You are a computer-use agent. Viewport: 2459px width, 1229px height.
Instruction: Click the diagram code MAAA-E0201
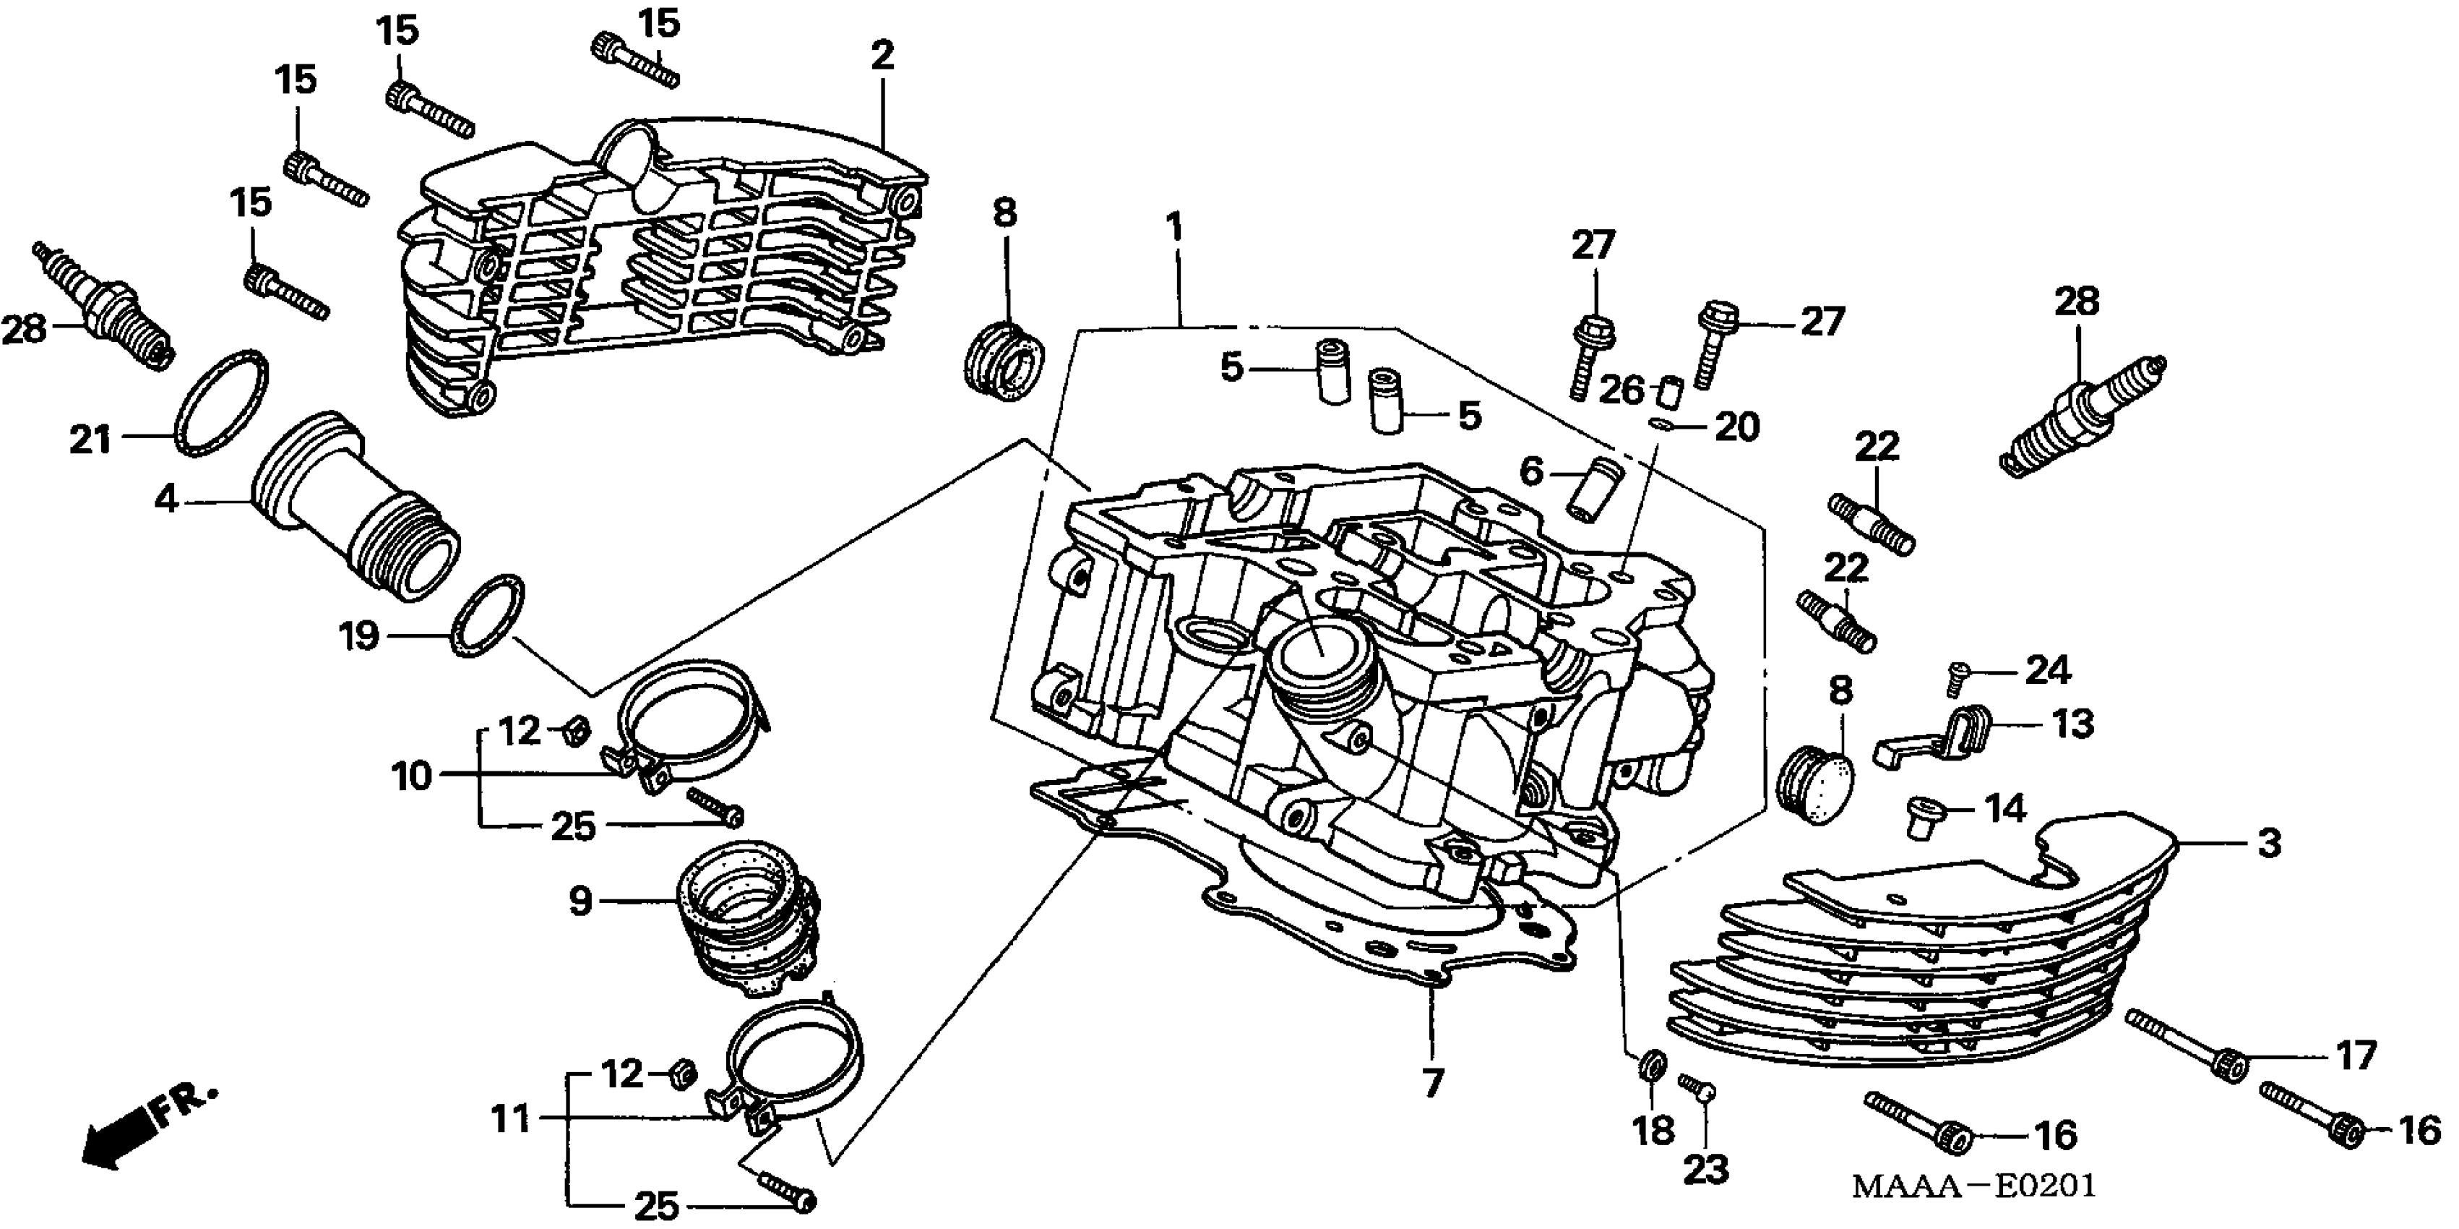pos(1973,1187)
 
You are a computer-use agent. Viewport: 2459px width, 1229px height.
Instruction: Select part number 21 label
pos(90,440)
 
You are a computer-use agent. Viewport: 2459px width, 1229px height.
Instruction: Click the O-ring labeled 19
pos(487,616)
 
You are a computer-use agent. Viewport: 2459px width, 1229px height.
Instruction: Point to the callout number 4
pos(166,499)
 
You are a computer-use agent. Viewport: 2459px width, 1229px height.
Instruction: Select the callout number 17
pos(2355,1056)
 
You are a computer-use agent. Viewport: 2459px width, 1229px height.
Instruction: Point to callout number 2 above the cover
pos(882,56)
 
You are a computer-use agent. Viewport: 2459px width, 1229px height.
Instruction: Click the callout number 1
pos(1174,228)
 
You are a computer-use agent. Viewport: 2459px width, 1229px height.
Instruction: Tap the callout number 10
pos(413,776)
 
